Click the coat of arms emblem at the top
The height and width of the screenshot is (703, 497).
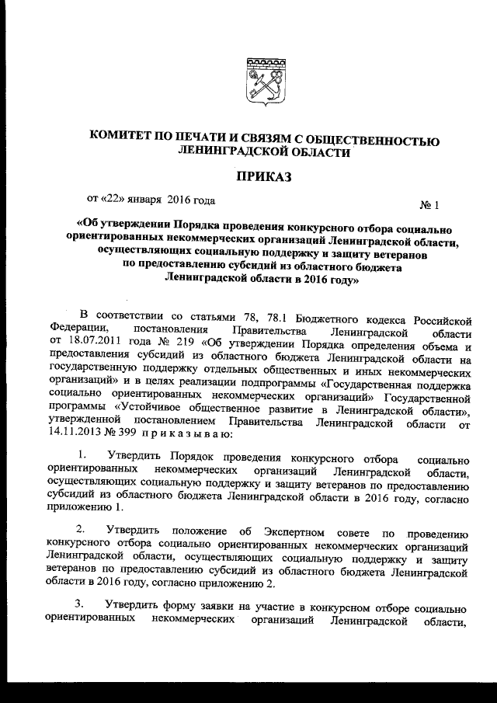(x=261, y=80)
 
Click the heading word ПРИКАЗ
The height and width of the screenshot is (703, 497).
(x=261, y=179)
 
